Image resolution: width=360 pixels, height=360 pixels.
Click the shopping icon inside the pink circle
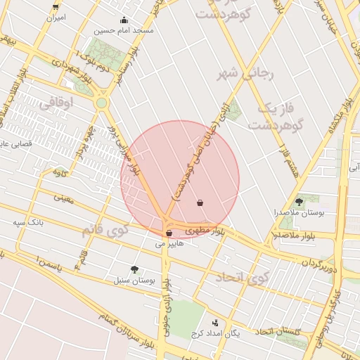pyautogui.click(x=200, y=203)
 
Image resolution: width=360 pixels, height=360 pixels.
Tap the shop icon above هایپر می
pyautogui.click(x=169, y=233)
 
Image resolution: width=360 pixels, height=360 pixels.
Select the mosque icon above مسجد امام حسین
pyautogui.click(x=124, y=20)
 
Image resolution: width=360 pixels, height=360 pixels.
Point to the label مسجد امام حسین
pyautogui.click(x=124, y=31)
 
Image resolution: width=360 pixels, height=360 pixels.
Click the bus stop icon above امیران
pyautogui.click(x=56, y=7)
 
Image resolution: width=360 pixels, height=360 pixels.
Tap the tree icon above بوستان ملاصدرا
pyautogui.click(x=300, y=202)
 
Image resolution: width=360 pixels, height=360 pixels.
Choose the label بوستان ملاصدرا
pyautogui.click(x=300, y=212)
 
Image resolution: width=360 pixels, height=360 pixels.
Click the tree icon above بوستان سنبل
pyautogui.click(x=134, y=269)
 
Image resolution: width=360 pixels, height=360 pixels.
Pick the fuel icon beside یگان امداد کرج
pyautogui.click(x=215, y=323)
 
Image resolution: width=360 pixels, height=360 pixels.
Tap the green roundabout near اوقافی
pyautogui.click(x=103, y=103)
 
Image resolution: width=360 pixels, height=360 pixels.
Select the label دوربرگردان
pyautogui.click(x=321, y=265)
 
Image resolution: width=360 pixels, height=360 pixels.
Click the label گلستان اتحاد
pyautogui.click(x=278, y=331)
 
